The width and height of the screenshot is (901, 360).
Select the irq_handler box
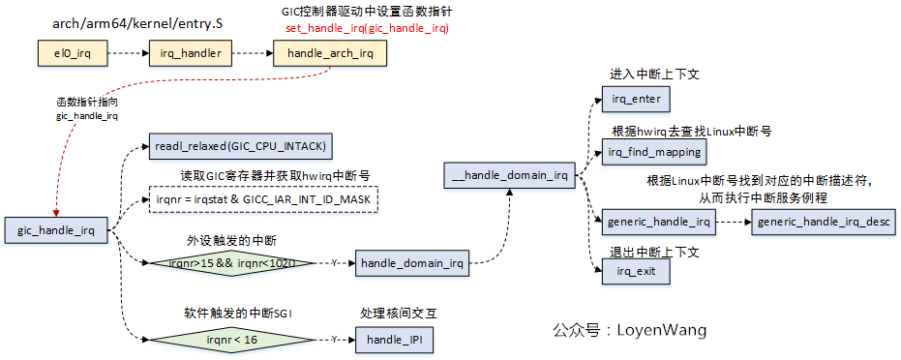pyautogui.click(x=192, y=53)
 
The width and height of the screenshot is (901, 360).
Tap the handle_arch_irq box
pyautogui.click(x=330, y=53)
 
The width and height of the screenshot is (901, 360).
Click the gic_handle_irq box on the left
pyautogui.click(x=56, y=230)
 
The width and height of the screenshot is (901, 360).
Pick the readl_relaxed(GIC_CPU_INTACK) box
pyautogui.click(x=241, y=146)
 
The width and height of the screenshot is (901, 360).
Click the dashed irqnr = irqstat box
pyautogui.click(x=263, y=199)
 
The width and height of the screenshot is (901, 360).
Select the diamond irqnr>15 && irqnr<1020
pyautogui.click(x=231, y=262)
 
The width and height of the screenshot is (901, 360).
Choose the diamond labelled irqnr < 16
pyautogui.click(x=231, y=340)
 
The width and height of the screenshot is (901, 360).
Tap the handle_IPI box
pyautogui.click(x=395, y=340)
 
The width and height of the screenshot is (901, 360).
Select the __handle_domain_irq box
pyautogui.click(x=507, y=176)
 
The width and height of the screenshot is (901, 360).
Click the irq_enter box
pyautogui.click(x=635, y=99)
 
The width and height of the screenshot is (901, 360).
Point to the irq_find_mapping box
pyautogui.click(x=653, y=152)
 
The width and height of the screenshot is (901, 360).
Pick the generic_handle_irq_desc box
pyautogui.click(x=824, y=222)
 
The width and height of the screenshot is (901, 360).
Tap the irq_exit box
pyautogui.click(x=635, y=271)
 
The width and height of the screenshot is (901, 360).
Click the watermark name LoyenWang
pyautogui.click(x=662, y=330)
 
